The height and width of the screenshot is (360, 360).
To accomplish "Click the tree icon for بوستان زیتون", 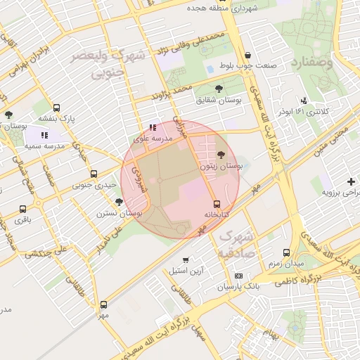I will click(221, 154).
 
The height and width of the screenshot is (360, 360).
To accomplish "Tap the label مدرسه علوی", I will click(153, 139).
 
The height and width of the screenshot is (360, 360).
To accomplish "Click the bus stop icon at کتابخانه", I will click(217, 204).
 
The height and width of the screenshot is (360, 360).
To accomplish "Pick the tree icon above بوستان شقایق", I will click(219, 89).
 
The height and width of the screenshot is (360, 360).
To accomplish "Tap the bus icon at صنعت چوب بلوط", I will click(247, 56).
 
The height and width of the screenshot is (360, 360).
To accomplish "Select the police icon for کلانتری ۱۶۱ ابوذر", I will click(304, 101).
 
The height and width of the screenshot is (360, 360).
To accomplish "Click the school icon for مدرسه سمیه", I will click(44, 134).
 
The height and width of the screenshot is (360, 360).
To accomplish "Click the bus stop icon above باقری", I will click(23, 209).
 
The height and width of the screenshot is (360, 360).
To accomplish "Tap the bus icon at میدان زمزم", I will click(286, 252).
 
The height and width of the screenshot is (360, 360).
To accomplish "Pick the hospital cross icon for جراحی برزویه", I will click(352, 181).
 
